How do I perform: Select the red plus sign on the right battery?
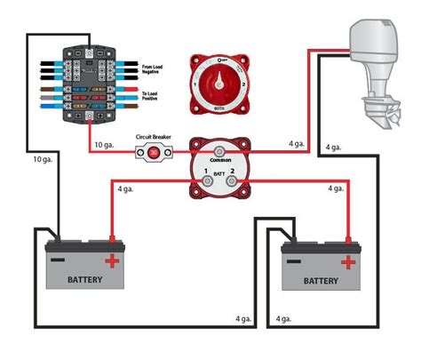(348, 261)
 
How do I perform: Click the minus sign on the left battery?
(58, 260)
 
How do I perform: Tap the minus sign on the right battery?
(294, 260)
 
